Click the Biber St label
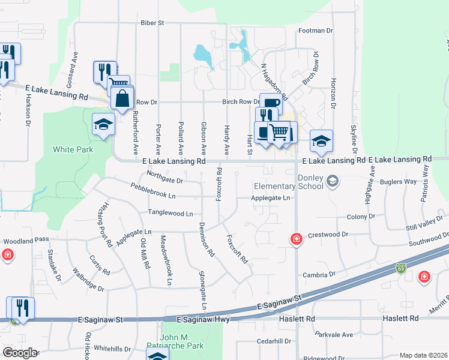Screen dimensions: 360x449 coord(152,23)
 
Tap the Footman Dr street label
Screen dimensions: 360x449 coord(315,31)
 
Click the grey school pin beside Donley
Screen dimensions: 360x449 coord(331,181)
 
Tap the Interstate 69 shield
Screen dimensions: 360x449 coord(400,266)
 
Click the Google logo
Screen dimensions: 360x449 coord(20,353)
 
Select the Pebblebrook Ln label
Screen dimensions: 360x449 coord(155,192)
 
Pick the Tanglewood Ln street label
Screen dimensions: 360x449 coord(171,213)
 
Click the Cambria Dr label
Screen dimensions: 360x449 coord(319,274)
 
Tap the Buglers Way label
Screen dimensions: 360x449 coord(402,182)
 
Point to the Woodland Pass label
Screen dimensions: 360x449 coord(26,240)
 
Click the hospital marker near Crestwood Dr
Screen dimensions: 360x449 coord(296,238)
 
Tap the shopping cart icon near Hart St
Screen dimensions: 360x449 coord(278,131)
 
